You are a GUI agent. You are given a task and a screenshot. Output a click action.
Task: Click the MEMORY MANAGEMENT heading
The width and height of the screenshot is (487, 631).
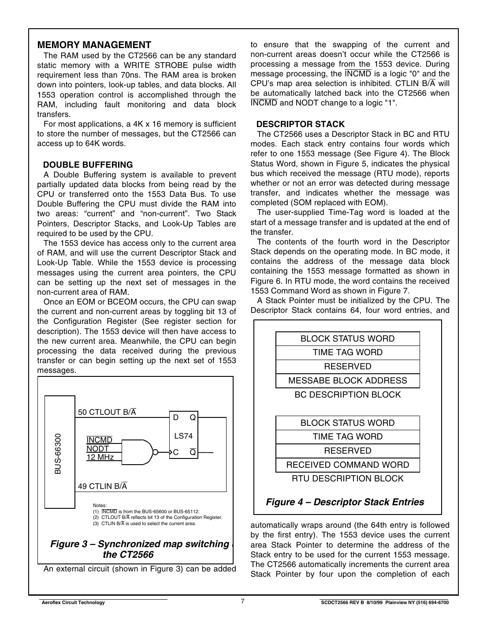(x=94, y=45)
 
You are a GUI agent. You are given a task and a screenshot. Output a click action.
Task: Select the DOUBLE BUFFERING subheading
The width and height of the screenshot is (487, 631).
(x=88, y=165)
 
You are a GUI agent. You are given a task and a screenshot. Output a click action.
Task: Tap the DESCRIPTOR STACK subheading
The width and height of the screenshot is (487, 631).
(x=300, y=124)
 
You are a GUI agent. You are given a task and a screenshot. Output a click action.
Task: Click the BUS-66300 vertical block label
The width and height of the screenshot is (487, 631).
(x=58, y=454)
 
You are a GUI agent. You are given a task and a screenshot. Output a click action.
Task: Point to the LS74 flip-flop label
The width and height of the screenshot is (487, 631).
(x=183, y=436)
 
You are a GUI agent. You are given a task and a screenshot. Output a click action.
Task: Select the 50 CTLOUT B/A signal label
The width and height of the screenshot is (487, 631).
(x=107, y=412)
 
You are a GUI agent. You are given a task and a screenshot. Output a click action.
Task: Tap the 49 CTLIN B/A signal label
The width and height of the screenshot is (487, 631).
(x=102, y=486)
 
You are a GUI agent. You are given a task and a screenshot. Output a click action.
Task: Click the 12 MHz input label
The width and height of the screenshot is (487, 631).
(x=100, y=458)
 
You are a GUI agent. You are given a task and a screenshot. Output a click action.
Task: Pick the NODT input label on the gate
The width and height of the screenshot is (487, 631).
(x=97, y=449)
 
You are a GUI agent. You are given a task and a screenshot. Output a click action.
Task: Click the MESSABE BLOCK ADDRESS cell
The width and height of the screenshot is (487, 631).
(x=347, y=381)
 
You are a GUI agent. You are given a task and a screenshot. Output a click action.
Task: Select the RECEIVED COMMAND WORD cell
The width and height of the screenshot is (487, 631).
(x=347, y=465)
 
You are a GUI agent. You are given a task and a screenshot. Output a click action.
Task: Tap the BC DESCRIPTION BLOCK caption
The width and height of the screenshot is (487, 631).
(x=347, y=395)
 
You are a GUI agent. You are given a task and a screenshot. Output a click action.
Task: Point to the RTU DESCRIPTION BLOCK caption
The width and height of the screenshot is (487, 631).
(x=347, y=479)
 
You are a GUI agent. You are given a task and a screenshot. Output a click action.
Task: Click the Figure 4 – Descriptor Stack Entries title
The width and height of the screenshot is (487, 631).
(x=345, y=502)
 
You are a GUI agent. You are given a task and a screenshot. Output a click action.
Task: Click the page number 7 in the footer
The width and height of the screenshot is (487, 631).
(x=243, y=601)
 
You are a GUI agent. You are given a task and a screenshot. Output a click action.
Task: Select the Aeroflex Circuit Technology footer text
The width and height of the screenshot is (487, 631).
(x=73, y=603)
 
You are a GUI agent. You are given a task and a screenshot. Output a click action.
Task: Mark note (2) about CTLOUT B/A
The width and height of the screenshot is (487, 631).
(x=157, y=517)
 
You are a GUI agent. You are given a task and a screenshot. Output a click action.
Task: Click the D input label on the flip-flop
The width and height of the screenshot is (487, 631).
(x=175, y=417)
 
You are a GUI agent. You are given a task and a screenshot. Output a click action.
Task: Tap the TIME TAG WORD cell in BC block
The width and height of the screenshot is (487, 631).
(x=347, y=353)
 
